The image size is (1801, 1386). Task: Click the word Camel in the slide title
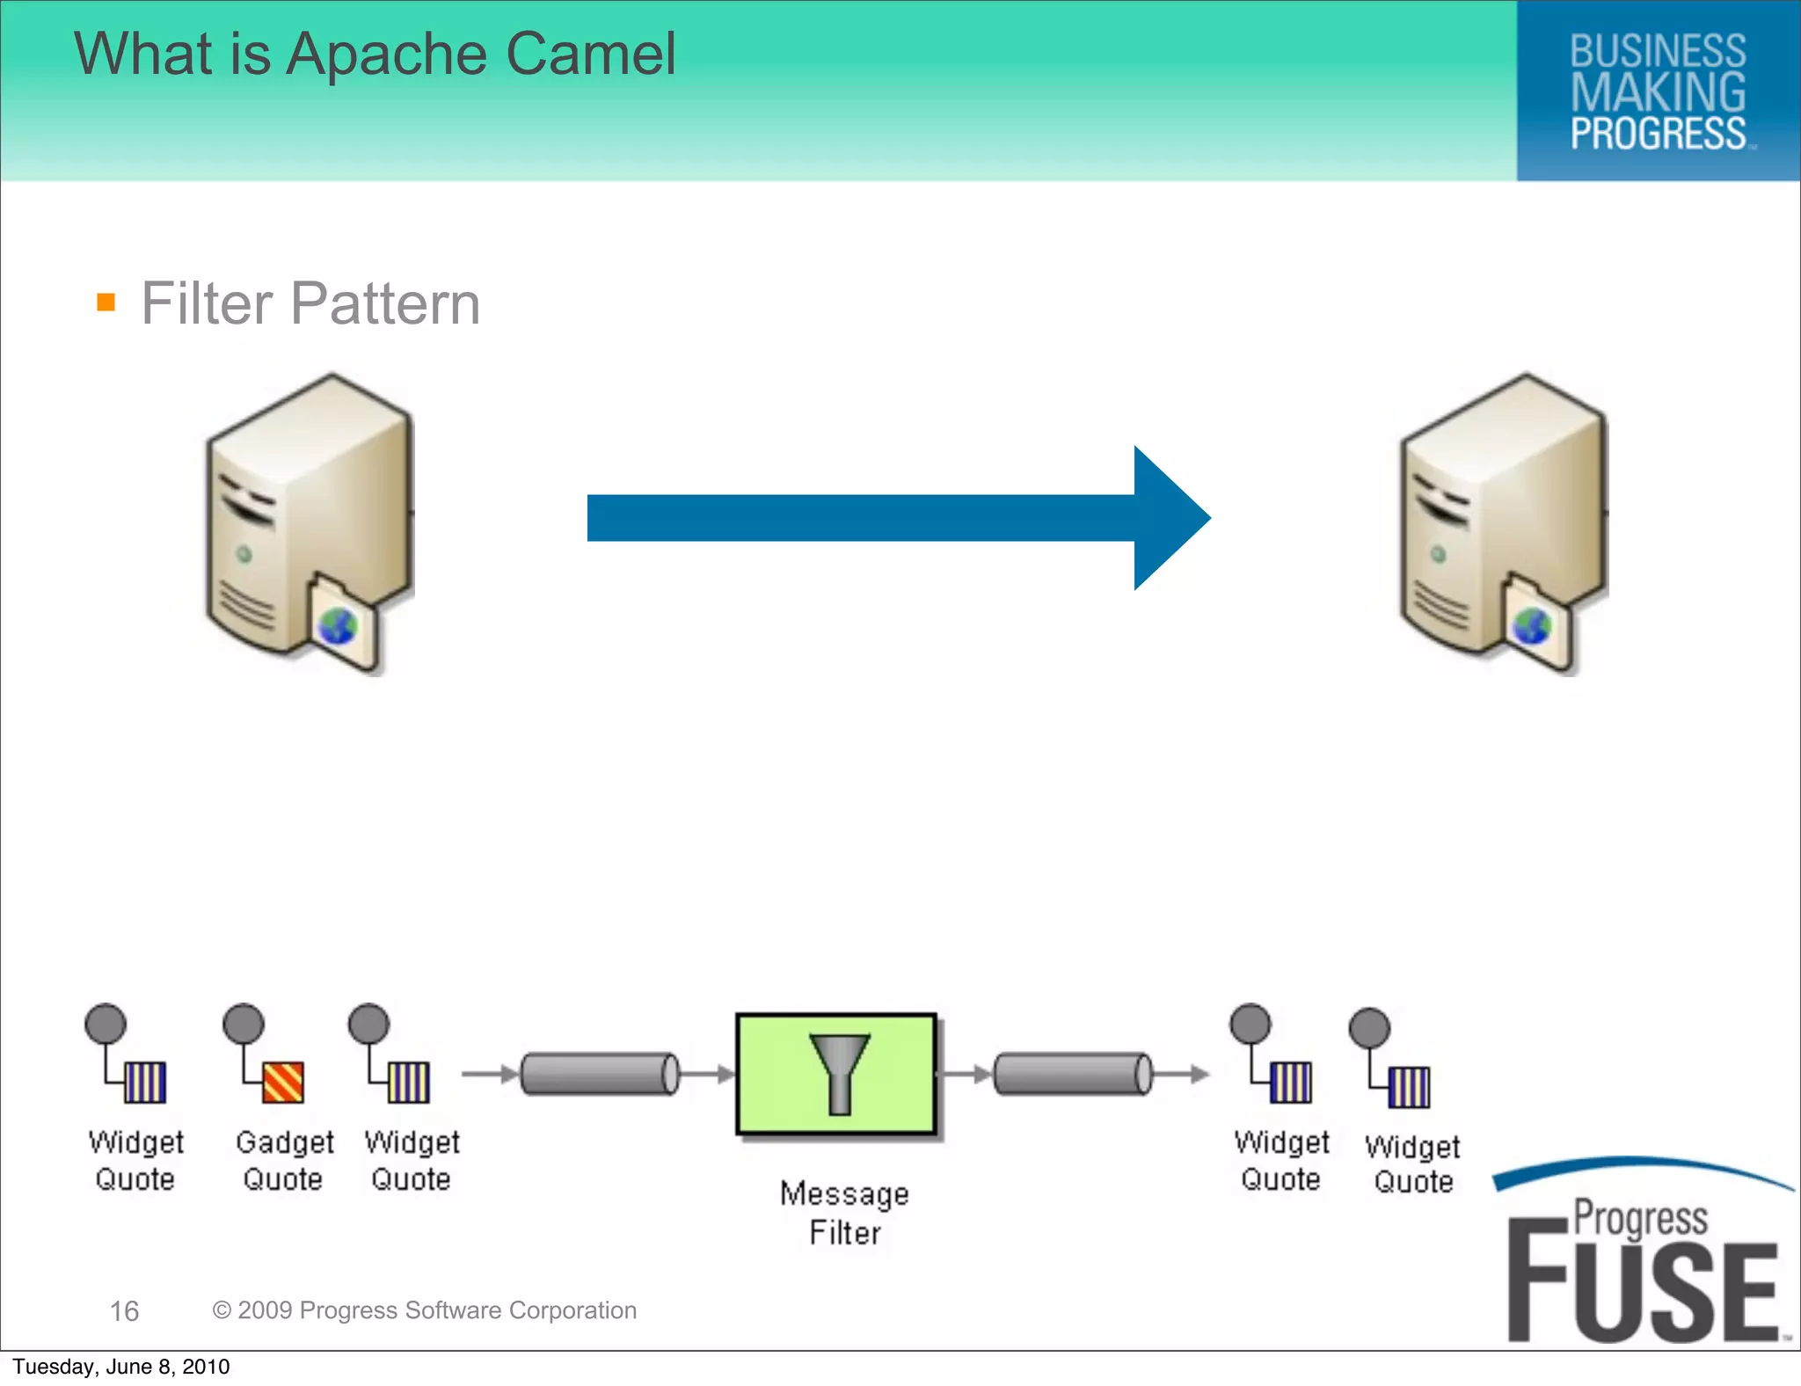coord(590,55)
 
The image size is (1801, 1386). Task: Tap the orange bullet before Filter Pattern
coord(106,303)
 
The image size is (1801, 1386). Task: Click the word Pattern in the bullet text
coord(385,304)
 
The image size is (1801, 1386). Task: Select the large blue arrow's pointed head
coord(1169,518)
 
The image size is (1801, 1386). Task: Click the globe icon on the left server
coord(338,627)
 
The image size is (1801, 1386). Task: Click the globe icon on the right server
coord(1531,626)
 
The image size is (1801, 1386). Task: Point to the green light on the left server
coord(244,554)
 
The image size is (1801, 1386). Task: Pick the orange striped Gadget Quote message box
coord(283,1082)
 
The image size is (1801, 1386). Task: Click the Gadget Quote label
coord(283,1160)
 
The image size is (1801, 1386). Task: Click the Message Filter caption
coord(844,1213)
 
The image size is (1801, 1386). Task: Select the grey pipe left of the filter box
coord(600,1074)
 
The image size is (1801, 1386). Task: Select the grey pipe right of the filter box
coord(1073,1074)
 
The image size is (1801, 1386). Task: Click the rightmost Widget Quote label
coord(1412,1164)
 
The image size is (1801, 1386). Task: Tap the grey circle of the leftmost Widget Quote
coord(106,1024)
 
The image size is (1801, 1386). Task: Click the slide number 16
coord(124,1311)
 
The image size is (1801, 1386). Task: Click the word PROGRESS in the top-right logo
coord(1658,134)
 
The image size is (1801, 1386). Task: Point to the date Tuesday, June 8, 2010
coord(121,1367)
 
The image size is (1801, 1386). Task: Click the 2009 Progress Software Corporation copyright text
coord(425,1310)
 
